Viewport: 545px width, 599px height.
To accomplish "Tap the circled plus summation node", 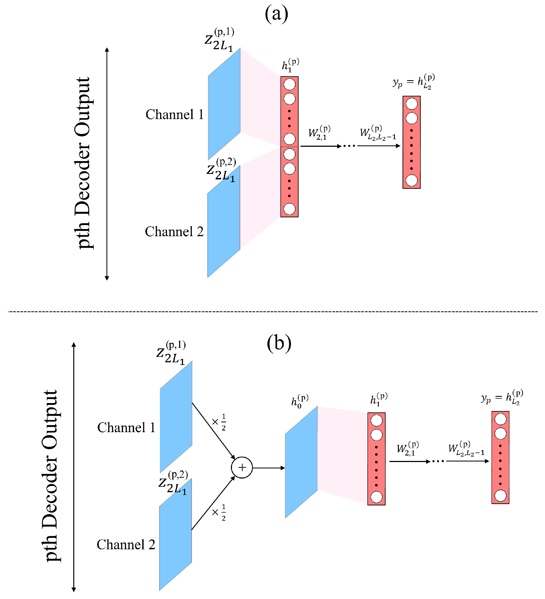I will tap(242, 468).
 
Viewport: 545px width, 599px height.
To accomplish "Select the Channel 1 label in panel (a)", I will tap(175, 115).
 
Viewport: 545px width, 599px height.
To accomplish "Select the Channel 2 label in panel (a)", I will tap(174, 232).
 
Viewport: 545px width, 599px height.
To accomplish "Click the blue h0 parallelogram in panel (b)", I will tap(301, 462).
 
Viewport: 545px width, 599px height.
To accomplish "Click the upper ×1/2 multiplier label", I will tap(219, 422).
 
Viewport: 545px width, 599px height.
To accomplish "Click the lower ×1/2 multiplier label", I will tap(219, 512).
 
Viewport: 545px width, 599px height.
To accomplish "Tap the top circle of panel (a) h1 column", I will tap(289, 84).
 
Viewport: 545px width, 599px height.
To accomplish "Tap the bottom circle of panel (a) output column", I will tap(411, 180).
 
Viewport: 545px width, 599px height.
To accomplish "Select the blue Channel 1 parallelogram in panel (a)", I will tap(224, 104).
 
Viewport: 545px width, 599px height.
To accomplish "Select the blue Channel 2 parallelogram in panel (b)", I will tap(175, 535).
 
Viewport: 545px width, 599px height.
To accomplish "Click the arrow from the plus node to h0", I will tap(268, 468).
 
